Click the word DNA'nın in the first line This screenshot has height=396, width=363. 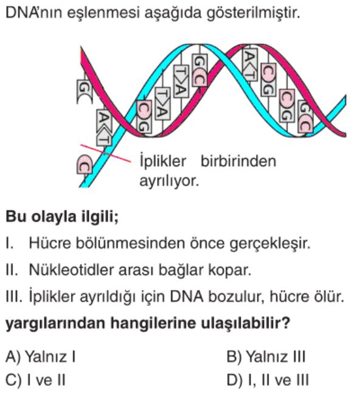point(33,13)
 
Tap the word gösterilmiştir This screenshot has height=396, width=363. point(253,13)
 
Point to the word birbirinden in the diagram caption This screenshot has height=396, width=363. point(238,161)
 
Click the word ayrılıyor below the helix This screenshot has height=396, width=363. point(168,181)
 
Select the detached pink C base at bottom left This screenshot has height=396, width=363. point(85,164)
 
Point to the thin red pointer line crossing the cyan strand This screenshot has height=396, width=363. point(106,153)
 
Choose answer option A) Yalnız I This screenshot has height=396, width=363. point(40,356)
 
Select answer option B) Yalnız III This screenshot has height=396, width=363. point(266,356)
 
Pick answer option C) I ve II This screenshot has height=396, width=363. point(35,380)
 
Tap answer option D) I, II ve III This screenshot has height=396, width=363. point(268,380)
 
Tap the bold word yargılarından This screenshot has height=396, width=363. point(55,323)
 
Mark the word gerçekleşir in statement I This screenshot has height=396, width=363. point(269,243)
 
